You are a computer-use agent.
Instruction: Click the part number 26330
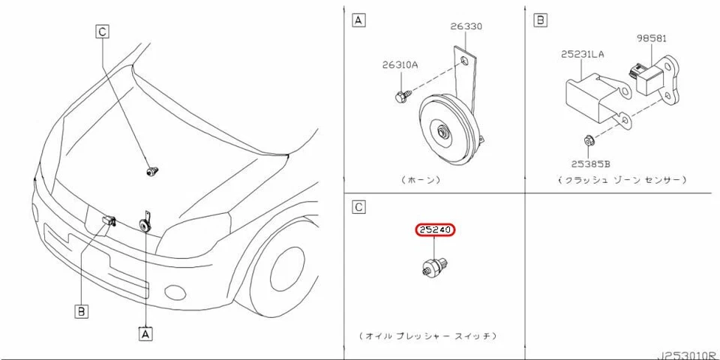(466, 26)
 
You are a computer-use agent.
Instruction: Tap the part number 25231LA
(582, 53)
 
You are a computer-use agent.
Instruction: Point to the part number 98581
(652, 37)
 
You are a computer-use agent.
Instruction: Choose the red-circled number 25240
(435, 231)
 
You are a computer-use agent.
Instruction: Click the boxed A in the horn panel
(359, 20)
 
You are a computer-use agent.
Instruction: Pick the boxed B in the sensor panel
(538, 20)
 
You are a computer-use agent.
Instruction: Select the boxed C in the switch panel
(359, 206)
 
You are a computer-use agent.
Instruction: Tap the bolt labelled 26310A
(399, 96)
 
